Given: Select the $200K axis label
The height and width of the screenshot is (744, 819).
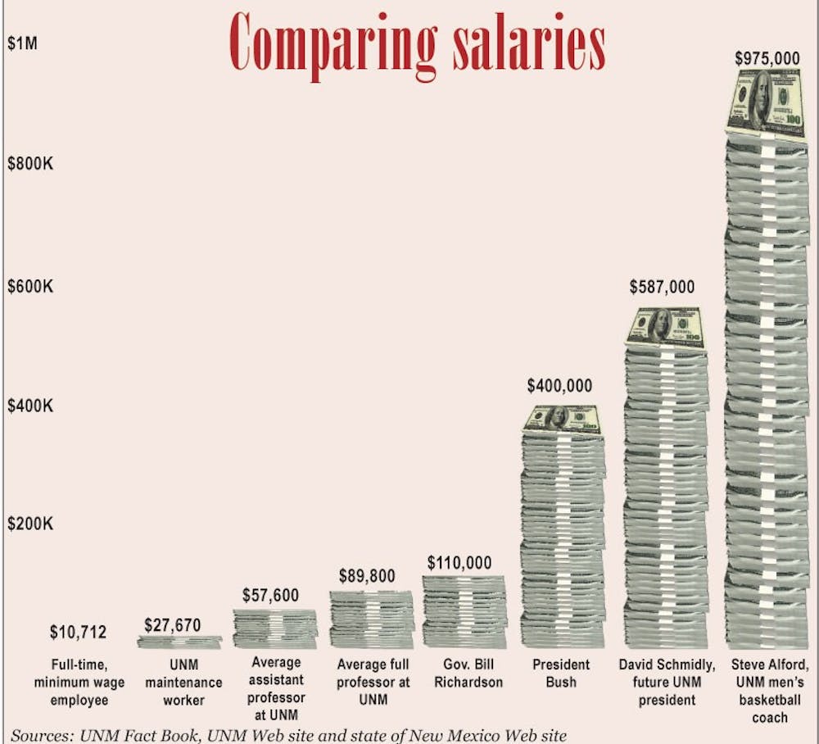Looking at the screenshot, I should [x=30, y=524].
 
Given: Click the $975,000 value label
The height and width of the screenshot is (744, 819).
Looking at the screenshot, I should [x=767, y=58].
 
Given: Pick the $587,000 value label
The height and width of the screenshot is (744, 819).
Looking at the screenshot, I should [x=662, y=287].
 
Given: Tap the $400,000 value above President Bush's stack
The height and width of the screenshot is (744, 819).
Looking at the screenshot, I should [x=559, y=385].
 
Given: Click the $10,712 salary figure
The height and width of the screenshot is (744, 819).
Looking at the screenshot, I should [x=78, y=632].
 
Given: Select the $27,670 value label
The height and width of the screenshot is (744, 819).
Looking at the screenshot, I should [x=178, y=625].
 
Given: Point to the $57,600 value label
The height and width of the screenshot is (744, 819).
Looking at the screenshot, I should [x=271, y=596].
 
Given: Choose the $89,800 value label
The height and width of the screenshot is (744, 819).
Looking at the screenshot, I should [x=367, y=576].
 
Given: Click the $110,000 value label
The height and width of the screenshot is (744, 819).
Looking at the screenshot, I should [x=459, y=563].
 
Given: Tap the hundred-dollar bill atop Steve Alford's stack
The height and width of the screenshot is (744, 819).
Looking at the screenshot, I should [x=765, y=102].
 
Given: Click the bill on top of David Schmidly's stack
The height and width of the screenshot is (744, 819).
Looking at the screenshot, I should [x=664, y=329].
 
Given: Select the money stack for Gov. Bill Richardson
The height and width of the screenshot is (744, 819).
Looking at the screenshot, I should [x=464, y=611].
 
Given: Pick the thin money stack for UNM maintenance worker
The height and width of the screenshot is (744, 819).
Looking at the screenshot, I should [x=179, y=642].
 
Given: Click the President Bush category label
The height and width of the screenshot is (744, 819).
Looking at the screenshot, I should [x=560, y=673].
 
